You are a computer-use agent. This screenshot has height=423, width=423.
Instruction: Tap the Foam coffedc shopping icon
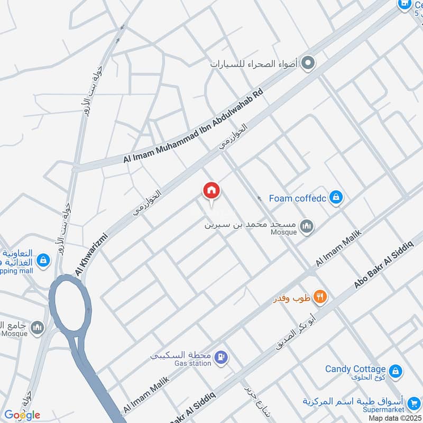tap(335, 198)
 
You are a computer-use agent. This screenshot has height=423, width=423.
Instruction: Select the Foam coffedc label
tap(297, 199)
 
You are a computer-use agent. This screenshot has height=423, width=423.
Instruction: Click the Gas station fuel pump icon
tap(223, 358)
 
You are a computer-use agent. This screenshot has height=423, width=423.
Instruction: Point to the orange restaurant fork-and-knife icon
tap(319, 297)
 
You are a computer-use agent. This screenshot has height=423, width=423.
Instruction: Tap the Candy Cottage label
tap(355, 369)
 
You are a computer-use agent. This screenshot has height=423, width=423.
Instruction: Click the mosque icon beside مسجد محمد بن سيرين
tap(307, 227)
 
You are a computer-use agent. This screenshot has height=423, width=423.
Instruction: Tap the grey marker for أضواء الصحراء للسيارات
tap(309, 64)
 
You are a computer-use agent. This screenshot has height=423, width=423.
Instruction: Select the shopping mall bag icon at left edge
tap(44, 260)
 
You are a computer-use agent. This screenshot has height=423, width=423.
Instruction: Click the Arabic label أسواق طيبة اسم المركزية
tap(354, 401)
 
